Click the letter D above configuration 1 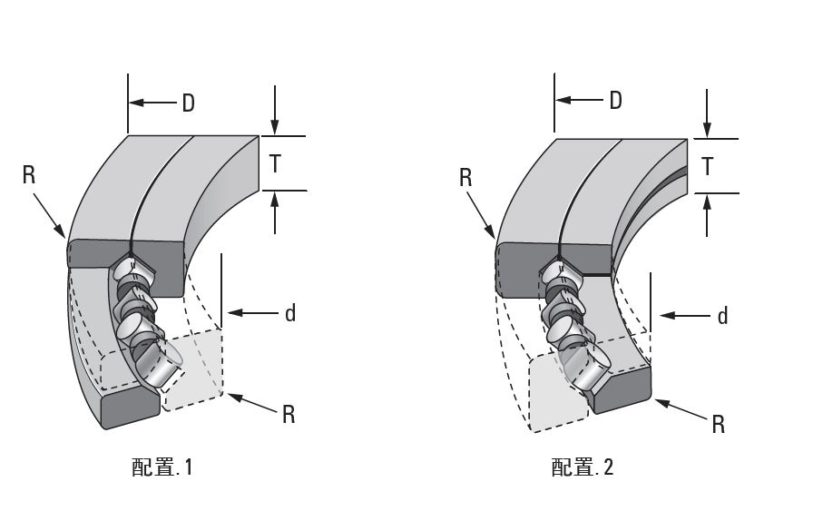click(x=188, y=103)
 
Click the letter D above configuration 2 click(x=615, y=100)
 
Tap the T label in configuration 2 click(x=708, y=166)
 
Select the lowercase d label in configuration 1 click(x=290, y=313)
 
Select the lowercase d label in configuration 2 click(x=722, y=315)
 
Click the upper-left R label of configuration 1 click(x=29, y=175)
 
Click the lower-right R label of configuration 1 click(x=289, y=414)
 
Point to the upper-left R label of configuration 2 click(x=465, y=177)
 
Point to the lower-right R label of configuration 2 click(x=719, y=423)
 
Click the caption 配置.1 click(x=162, y=469)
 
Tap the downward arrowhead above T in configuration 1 click(x=275, y=128)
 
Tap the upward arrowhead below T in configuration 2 click(x=707, y=202)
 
